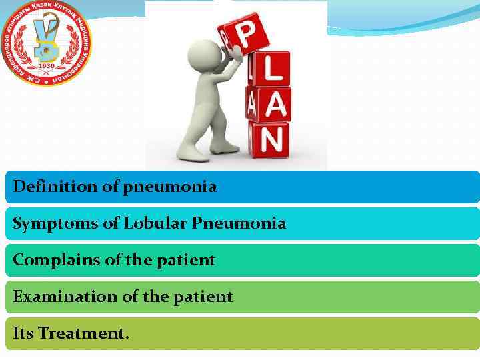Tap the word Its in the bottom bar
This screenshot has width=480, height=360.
[x=24, y=333]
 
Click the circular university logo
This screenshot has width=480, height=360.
[x=47, y=43]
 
